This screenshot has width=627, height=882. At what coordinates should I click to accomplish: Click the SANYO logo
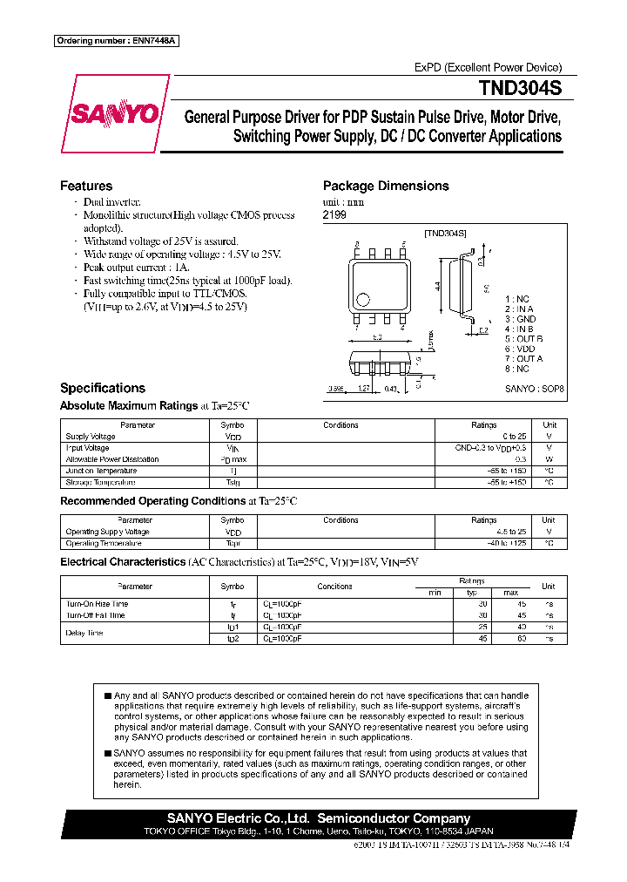116,113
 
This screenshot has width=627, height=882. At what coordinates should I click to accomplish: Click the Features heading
86,186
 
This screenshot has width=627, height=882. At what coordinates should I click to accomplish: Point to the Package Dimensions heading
386,186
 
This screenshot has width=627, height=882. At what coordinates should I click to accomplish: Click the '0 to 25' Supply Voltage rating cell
514,437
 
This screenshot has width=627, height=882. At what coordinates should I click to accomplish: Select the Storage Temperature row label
100,482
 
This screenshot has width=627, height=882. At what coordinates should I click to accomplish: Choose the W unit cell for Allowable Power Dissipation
549,459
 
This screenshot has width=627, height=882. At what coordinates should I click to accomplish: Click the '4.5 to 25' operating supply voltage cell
511,532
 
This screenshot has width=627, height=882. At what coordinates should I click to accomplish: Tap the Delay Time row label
84,633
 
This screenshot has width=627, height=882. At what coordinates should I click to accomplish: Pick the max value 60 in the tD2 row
522,639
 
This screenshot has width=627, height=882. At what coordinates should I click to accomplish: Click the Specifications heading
102,388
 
